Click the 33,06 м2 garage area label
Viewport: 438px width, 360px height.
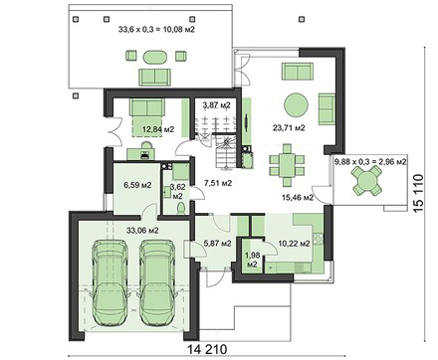pyautogui.click(x=143, y=230)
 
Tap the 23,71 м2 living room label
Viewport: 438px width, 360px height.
pyautogui.click(x=289, y=128)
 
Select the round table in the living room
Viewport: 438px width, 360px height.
pyautogui.click(x=296, y=104)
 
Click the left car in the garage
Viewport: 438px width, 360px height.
pyautogui.click(x=109, y=282)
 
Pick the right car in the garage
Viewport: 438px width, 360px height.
pyautogui.click(x=156, y=282)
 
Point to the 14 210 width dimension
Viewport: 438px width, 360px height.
pyautogui.click(x=207, y=349)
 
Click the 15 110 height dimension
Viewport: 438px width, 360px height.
pyautogui.click(x=419, y=193)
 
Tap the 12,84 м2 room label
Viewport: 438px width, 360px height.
pyautogui.click(x=158, y=129)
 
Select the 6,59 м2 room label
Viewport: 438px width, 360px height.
pyautogui.click(x=137, y=185)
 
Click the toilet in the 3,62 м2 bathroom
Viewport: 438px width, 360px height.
pyautogui.click(x=181, y=209)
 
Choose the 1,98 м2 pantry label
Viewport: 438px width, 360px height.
pyautogui.click(x=251, y=260)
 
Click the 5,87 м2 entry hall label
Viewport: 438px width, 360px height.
pyautogui.click(x=217, y=244)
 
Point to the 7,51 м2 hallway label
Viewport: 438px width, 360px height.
pyautogui.click(x=218, y=183)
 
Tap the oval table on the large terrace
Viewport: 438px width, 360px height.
pyautogui.click(x=154, y=57)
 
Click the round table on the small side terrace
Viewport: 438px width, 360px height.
pyautogui.click(x=366, y=180)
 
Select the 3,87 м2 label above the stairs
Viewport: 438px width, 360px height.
pyautogui.click(x=216, y=105)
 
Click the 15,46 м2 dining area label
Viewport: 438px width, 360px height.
pyautogui.click(x=298, y=198)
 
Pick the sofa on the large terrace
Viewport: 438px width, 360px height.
pyautogui.click(x=154, y=78)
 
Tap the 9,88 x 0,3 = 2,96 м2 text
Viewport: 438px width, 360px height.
pyautogui.click(x=370, y=162)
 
